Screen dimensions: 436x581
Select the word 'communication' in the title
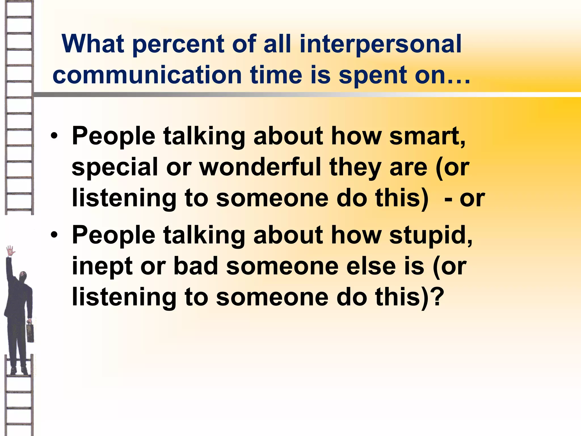point(147,75)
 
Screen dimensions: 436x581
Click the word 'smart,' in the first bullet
point(427,136)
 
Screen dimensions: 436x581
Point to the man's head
point(23,276)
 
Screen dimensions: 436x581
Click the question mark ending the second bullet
point(437,297)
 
